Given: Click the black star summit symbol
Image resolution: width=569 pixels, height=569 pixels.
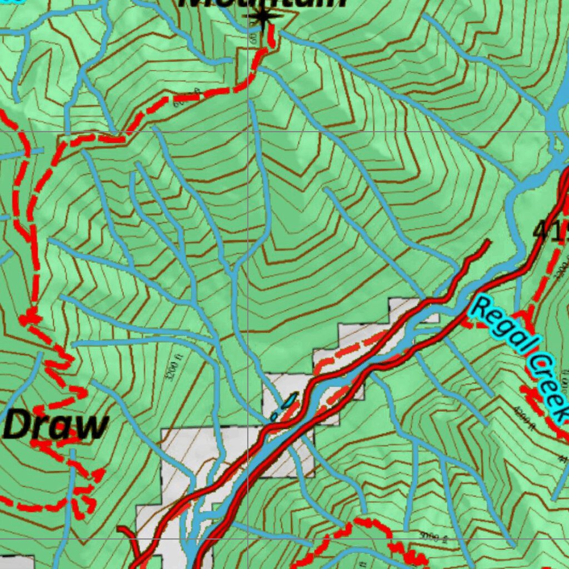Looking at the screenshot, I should pos(262,17).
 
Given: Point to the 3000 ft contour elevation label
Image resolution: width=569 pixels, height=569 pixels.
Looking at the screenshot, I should pos(434,537).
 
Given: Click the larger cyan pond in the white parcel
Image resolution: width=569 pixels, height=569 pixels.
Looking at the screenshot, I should pos(290,401).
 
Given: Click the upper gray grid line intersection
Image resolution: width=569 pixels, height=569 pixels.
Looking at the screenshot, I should pos(248,132).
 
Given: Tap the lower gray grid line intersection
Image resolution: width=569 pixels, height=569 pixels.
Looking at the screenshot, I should pos(248,538).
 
